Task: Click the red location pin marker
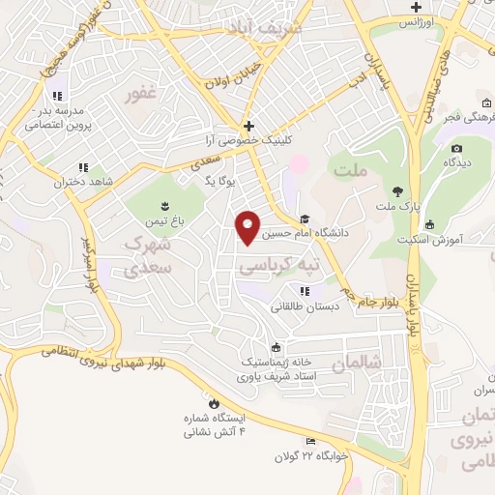pyautogui.click(x=248, y=226)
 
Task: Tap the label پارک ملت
pyautogui.click(x=398, y=207)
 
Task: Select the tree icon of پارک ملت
pyautogui.click(x=398, y=189)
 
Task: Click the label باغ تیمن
pyautogui.click(x=163, y=220)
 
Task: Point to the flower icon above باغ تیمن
pyautogui.click(x=164, y=204)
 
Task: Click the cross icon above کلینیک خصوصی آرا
pyautogui.click(x=249, y=126)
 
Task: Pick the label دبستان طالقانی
pyautogui.click(x=305, y=306)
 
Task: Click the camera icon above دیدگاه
pyautogui.click(x=456, y=147)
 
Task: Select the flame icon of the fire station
pyautogui.click(x=213, y=403)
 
